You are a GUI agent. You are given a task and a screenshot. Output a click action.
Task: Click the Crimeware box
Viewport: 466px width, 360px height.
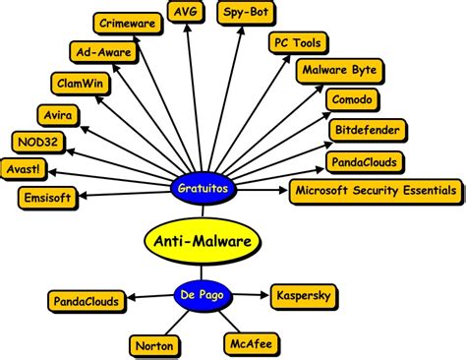128,23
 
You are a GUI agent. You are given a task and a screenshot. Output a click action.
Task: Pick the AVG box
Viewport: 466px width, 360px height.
187,12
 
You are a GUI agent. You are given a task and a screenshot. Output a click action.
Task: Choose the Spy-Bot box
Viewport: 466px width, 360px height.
248,13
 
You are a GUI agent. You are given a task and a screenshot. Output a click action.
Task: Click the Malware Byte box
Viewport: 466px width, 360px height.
337,72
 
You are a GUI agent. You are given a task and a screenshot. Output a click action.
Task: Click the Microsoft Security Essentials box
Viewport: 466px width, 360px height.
375,189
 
